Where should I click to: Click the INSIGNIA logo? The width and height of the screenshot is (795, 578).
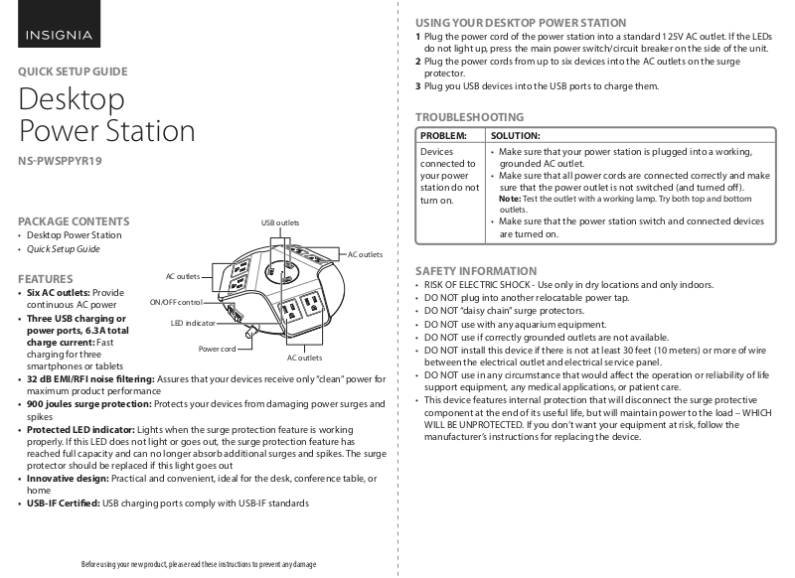(60, 37)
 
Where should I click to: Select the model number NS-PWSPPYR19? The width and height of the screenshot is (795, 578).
(60, 161)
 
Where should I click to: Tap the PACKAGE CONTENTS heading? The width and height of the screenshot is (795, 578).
(75, 220)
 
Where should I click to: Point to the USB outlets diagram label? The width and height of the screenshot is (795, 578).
(279, 222)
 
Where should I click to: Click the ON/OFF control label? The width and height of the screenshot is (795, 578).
(175, 302)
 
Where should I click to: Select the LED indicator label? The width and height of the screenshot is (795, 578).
(193, 324)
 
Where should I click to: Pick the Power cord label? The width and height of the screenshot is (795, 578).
(217, 350)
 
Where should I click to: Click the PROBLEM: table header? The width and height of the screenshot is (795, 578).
(444, 135)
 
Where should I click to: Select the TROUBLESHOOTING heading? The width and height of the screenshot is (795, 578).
(469, 116)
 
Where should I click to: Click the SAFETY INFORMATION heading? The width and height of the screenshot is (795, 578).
(475, 271)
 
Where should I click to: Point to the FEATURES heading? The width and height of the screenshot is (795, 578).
(46, 279)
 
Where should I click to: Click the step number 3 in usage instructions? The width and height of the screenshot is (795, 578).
(418, 86)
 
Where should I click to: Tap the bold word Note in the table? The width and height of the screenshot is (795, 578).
(509, 199)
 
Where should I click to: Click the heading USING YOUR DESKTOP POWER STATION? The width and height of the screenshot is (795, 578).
(521, 22)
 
